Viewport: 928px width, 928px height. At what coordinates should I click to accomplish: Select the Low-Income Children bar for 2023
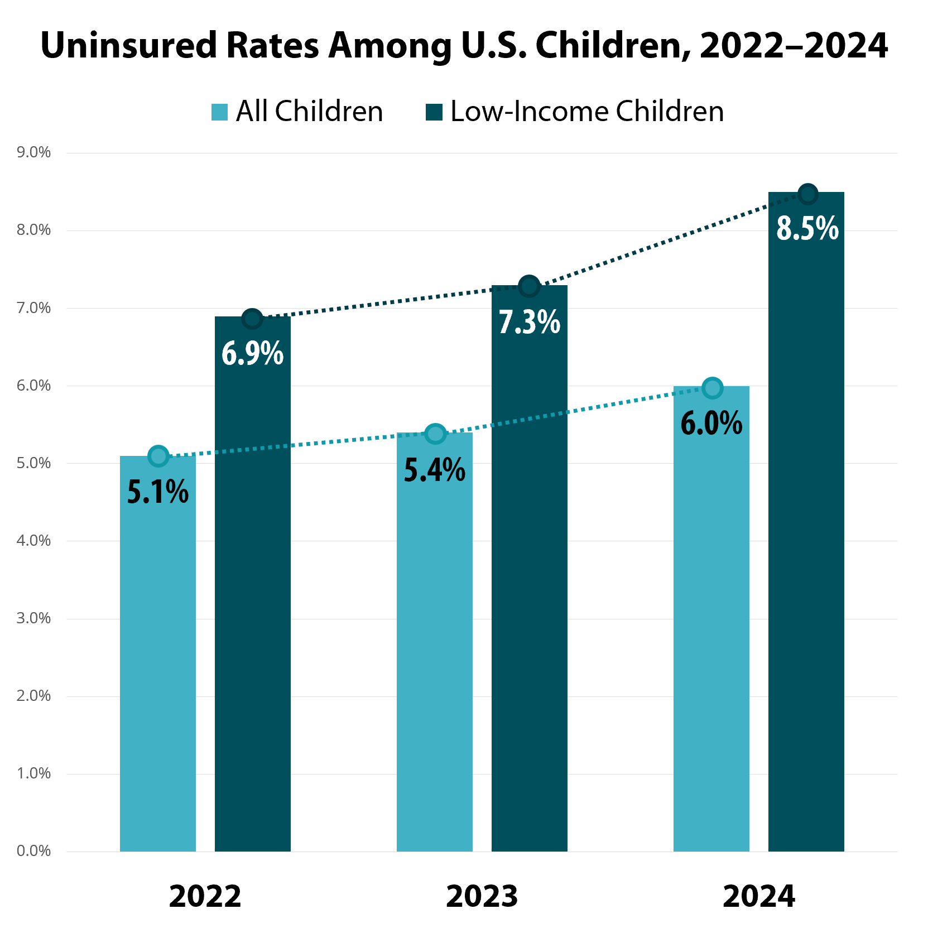pos(529,586)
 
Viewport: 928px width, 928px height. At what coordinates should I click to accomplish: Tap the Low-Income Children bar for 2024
pos(806,530)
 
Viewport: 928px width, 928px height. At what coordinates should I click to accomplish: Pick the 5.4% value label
pos(435,470)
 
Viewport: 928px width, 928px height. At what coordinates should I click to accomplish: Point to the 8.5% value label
pos(807,228)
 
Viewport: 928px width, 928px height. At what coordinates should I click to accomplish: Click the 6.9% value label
pos(252,354)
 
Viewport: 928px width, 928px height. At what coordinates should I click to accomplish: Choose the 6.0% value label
pos(711,423)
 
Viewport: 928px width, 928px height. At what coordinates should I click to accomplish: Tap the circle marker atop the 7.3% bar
pos(529,287)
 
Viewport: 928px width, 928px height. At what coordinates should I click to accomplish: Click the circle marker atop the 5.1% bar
pos(158,456)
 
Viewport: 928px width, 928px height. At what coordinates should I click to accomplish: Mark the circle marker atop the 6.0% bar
pos(712,388)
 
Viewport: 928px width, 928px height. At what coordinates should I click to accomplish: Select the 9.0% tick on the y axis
pos(33,152)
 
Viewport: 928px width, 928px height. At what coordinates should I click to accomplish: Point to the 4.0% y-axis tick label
pos(33,541)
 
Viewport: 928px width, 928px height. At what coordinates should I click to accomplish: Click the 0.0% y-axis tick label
pos(33,851)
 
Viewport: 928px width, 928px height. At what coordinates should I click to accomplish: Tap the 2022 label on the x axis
pos(205,897)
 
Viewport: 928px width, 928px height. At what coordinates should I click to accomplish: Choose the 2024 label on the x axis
pos(758,897)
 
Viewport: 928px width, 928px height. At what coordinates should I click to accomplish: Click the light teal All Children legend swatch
pos(220,112)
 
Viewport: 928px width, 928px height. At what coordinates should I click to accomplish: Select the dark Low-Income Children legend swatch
pos(434,112)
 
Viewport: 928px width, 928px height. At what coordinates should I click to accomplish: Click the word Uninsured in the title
pos(128,45)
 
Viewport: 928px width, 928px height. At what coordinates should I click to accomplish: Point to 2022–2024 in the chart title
pos(794,45)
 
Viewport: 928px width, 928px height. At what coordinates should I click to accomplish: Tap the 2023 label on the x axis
pos(482,897)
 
